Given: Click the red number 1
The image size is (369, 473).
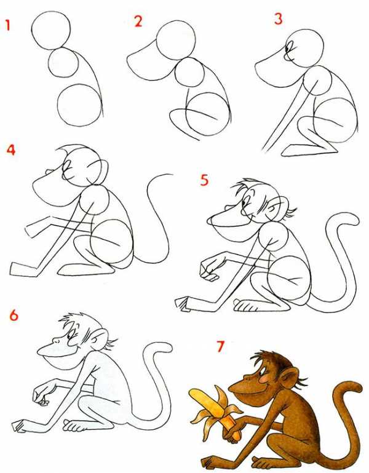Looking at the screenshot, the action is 8,25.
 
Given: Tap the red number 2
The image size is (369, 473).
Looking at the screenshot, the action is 138,22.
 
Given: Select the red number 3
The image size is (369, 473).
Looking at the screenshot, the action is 278,18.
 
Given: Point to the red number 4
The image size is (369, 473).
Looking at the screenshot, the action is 11,149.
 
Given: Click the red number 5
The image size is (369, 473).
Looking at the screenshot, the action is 204,180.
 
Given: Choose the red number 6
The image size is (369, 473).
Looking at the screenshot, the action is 14,316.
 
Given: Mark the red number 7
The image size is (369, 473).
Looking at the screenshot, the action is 221,346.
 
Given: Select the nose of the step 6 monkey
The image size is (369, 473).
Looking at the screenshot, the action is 56,340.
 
